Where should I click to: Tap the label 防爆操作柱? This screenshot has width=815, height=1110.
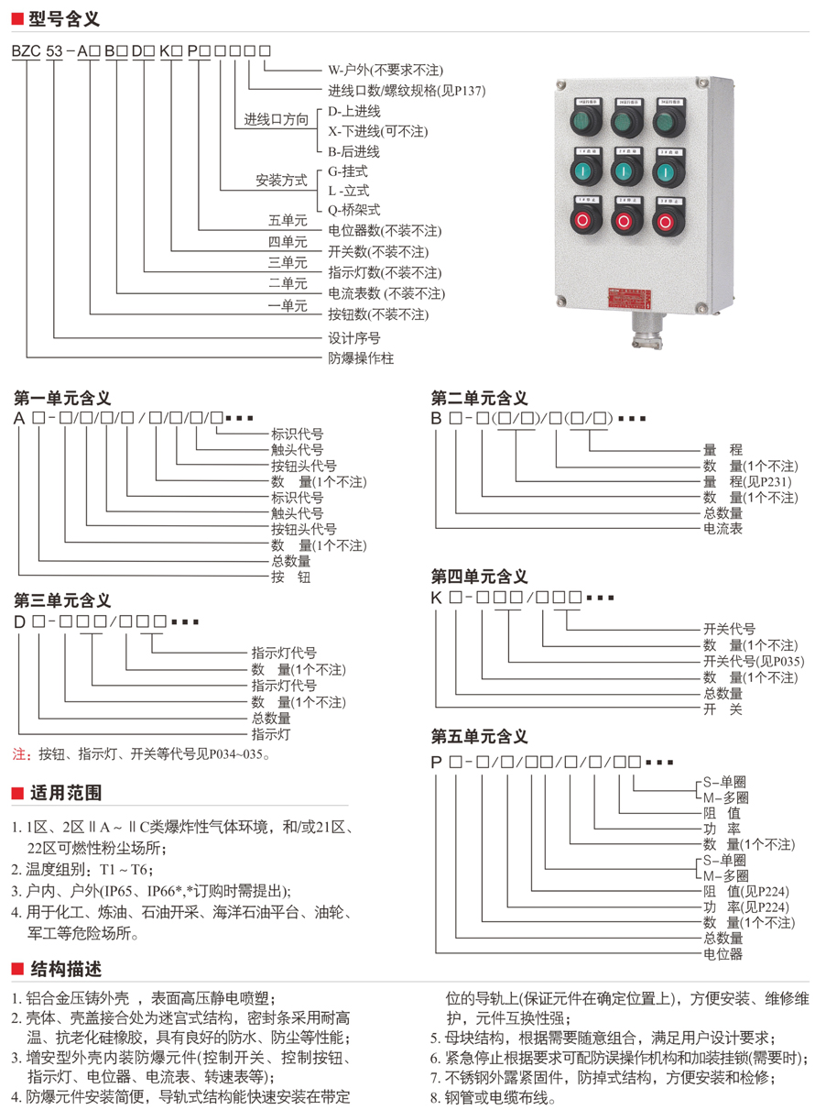(361, 358)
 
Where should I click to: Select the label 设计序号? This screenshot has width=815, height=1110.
(354, 337)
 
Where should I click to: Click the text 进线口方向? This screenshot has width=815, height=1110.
(276, 120)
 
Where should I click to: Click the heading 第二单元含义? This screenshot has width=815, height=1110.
(479, 398)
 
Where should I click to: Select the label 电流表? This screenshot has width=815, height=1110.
(723, 529)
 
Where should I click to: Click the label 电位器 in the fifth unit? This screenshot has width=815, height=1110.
(723, 954)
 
